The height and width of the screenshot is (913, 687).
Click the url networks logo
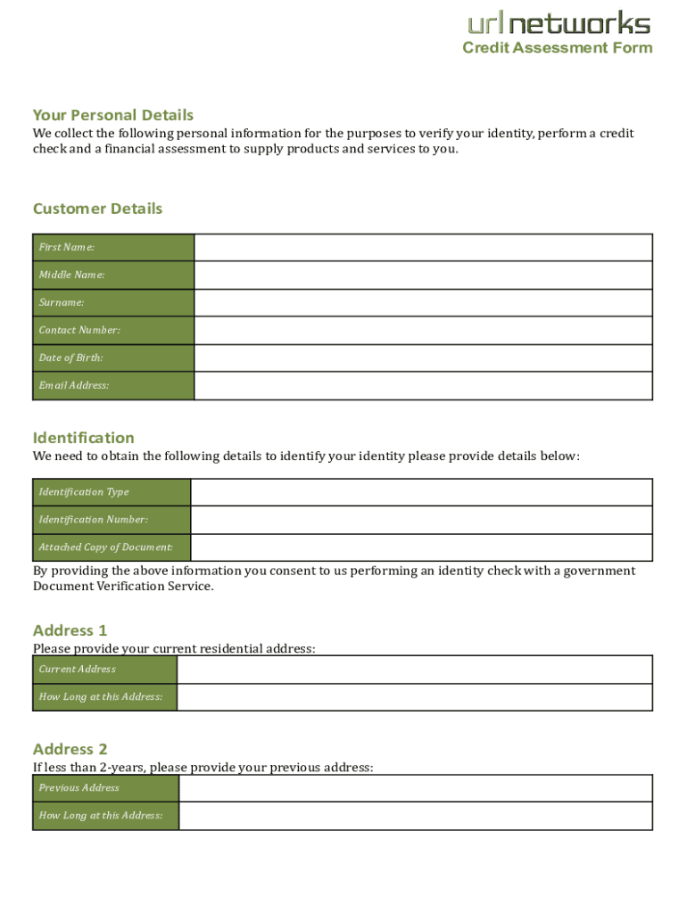pos(559,23)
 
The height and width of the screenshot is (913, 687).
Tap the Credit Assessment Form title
pos(558,48)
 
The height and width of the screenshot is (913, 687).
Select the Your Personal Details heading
pos(113,115)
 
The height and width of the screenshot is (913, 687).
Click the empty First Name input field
pos(423,247)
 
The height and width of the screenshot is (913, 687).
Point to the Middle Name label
pos(71,275)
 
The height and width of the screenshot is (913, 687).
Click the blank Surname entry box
pos(423,302)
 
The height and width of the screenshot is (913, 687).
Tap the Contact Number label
pos(79,330)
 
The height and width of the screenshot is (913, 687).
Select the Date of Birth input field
pos(423,358)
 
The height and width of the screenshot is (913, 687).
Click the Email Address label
pos(74,385)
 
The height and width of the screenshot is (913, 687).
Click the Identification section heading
pos(84,438)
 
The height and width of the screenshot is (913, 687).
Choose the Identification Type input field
pos(421,492)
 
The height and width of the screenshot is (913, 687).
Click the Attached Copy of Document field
pos(421,547)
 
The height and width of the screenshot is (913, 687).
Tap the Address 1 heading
pos(70,630)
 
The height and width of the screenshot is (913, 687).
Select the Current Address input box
pos(415,670)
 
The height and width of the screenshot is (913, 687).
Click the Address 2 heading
pos(70,749)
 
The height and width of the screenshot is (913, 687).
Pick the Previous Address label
pos(79,788)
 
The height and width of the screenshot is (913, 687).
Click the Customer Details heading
pos(98,209)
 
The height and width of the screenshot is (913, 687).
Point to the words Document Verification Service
pos(123,587)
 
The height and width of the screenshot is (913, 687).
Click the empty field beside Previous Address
pos(416,788)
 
